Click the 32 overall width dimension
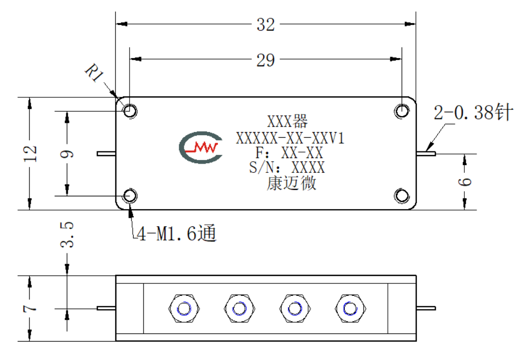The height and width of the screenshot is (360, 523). click(x=265, y=24)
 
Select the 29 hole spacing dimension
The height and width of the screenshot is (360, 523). click(x=265, y=60)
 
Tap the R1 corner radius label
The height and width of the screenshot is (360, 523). click(x=94, y=73)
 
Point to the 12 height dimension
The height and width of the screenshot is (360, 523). click(x=30, y=153)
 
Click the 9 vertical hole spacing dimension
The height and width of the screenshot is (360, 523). click(x=67, y=154)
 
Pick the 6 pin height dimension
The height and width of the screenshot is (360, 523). click(x=465, y=182)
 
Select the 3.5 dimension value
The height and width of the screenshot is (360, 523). click(x=67, y=235)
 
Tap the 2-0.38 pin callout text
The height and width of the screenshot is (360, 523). click(x=474, y=112)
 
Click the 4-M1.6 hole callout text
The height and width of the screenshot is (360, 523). click(x=177, y=234)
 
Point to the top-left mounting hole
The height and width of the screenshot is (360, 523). click(x=130, y=111)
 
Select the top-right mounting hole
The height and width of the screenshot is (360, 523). click(x=402, y=111)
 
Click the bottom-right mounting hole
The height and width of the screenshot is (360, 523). click(x=402, y=196)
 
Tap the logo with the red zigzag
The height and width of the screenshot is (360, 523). click(x=201, y=147)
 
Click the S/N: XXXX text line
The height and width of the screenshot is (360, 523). click(x=287, y=167)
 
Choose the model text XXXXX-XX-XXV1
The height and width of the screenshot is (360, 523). click(x=290, y=138)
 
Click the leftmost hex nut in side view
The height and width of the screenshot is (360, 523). click(x=184, y=308)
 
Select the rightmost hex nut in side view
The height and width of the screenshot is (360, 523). click(x=350, y=308)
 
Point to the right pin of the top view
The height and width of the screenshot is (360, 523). click(x=426, y=153)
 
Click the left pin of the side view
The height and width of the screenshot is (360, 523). click(x=107, y=308)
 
